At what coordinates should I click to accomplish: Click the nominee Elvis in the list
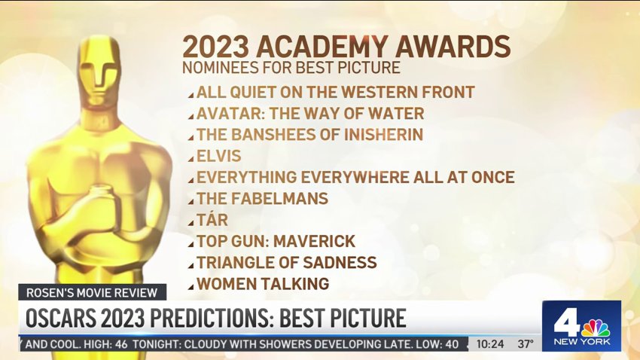(x=219, y=156)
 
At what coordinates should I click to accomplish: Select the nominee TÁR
(x=212, y=220)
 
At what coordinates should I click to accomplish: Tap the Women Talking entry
(x=263, y=284)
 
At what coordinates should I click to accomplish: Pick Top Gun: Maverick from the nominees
(x=276, y=241)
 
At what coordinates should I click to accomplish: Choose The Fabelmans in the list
(x=263, y=199)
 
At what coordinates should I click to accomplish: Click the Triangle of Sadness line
(x=287, y=262)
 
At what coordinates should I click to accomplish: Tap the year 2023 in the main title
(x=215, y=47)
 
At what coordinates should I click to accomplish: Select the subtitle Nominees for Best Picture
(x=291, y=68)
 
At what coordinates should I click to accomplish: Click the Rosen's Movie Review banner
(x=92, y=293)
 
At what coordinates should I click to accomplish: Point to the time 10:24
(x=490, y=344)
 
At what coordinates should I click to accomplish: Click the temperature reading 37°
(x=526, y=344)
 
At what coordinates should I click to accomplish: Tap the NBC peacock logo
(x=595, y=328)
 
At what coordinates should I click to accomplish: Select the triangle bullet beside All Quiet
(x=190, y=96)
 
